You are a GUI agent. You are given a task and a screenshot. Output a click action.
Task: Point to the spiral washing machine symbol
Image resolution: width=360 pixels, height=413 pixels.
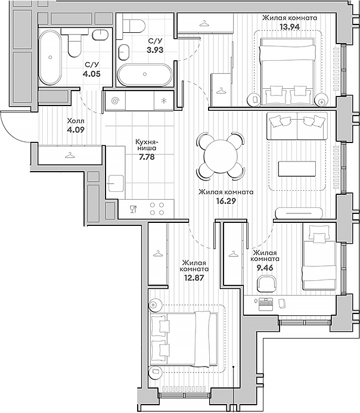115,101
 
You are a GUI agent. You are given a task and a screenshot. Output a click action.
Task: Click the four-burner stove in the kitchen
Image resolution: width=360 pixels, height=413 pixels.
157,209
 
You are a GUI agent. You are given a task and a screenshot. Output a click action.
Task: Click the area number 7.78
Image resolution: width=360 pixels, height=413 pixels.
145,157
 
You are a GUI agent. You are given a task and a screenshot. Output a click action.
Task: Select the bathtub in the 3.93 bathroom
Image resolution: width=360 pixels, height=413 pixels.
145,75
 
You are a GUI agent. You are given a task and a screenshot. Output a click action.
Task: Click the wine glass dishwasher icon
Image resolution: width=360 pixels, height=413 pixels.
133,209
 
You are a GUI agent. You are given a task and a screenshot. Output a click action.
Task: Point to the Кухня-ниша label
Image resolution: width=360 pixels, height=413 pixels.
146,146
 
